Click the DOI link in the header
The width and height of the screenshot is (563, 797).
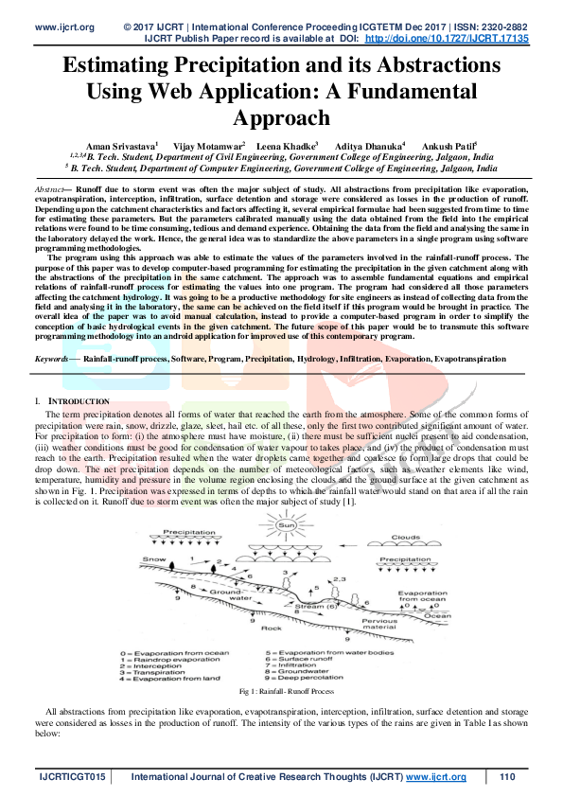[x=447, y=39]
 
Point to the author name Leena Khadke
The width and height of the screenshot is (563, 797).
[x=290, y=147]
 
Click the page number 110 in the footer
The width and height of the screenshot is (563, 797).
[x=507, y=777]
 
